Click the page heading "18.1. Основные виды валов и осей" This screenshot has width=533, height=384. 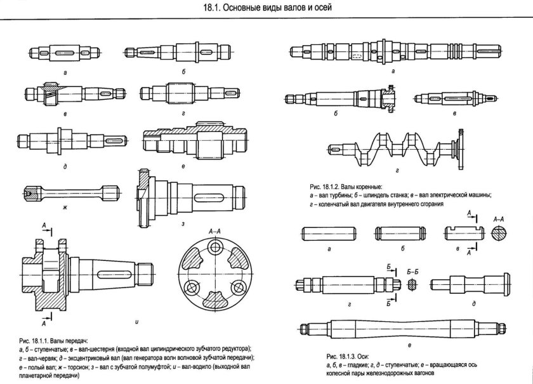266,8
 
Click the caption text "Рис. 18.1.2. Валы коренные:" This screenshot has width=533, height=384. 346,187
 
